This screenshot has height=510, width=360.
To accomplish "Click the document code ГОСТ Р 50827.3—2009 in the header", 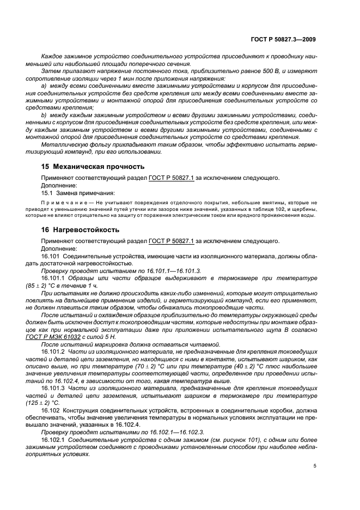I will pos(285,39).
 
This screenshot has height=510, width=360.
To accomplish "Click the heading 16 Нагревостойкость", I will pos(81,229).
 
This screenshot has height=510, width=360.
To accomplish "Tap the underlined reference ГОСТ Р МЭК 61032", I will pos(65,337).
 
